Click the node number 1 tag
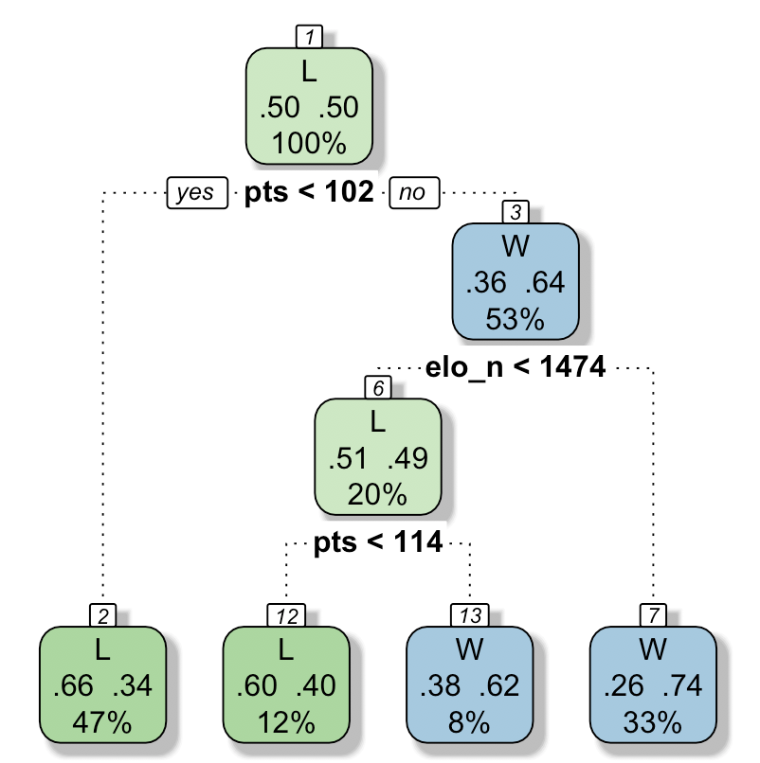(310, 37)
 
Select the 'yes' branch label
(196, 193)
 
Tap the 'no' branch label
(412, 193)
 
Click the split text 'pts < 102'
(309, 193)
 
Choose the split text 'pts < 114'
(377, 543)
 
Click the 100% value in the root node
(310, 144)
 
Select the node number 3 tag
(515, 211)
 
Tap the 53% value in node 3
(515, 319)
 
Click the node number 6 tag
(377, 387)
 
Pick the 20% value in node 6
(377, 494)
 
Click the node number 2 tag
(102, 615)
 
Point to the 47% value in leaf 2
(102, 723)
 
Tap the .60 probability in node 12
(257, 687)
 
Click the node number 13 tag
(469, 615)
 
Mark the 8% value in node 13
(469, 723)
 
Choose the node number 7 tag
(653, 615)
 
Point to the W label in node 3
(515, 248)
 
